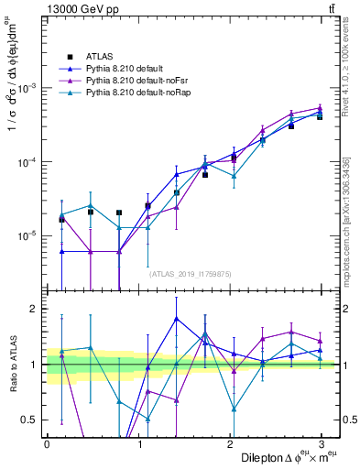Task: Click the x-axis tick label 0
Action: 47,443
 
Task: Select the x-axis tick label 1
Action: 139,443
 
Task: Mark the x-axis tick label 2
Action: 232,443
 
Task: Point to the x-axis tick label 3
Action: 324,443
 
